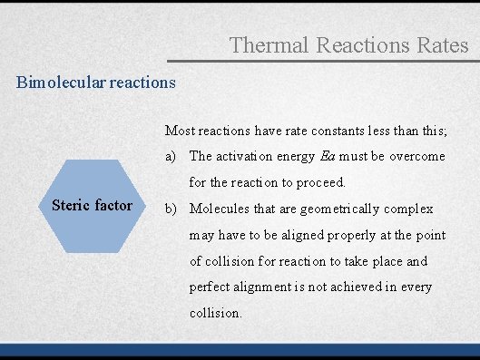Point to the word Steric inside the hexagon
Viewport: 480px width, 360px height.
pyautogui.click(x=71, y=205)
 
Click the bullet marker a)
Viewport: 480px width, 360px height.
pyautogui.click(x=171, y=157)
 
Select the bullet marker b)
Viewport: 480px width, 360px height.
pyautogui.click(x=171, y=209)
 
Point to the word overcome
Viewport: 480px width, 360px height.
pyautogui.click(x=417, y=157)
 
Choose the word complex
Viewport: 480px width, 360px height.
pyautogui.click(x=408, y=209)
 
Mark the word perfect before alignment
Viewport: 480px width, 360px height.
pyautogui.click(x=211, y=287)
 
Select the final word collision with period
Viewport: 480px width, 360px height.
pyautogui.click(x=216, y=313)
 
